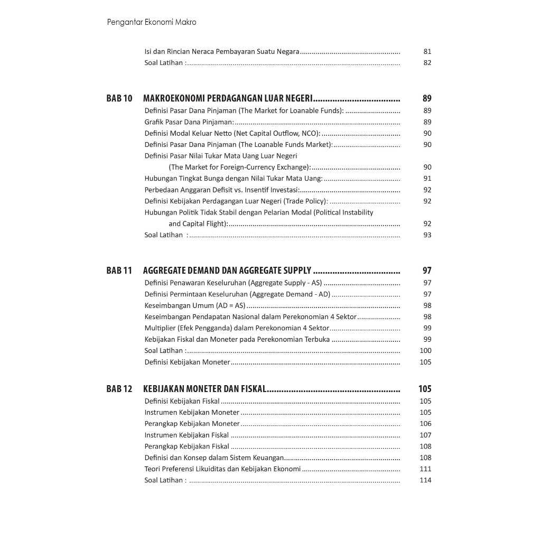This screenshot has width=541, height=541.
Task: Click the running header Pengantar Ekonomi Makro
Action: (151, 22)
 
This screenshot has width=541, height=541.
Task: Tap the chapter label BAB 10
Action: (119, 98)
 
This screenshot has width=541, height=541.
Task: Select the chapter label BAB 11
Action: (119, 270)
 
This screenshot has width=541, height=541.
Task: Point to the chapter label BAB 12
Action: (119, 389)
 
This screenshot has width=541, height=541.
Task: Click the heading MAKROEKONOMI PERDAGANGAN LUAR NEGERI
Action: (228, 98)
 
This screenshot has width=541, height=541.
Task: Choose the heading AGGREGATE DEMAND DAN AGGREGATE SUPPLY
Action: (227, 270)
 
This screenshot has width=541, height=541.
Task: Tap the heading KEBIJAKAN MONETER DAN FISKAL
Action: (204, 389)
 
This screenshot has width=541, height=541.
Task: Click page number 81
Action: (427, 52)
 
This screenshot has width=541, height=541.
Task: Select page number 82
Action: (427, 63)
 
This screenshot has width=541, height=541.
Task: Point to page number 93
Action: (427, 235)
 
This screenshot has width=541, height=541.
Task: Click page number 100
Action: (425, 350)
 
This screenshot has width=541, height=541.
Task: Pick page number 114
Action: (425, 480)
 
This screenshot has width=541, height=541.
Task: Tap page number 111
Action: (425, 469)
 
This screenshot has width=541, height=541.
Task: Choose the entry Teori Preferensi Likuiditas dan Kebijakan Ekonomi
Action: (222, 469)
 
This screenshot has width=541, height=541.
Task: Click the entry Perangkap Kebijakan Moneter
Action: (192, 424)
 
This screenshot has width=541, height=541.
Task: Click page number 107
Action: (425, 435)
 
